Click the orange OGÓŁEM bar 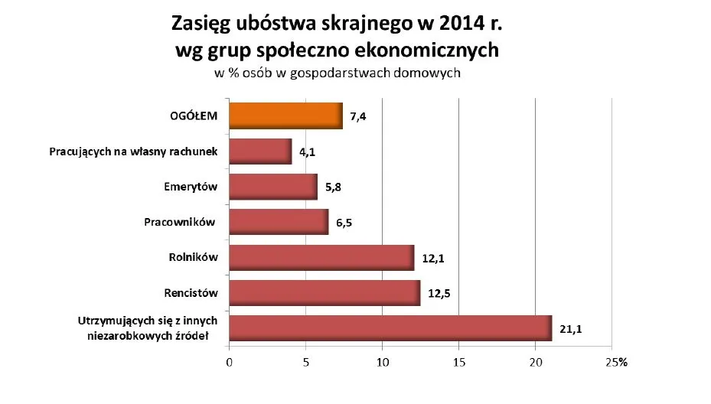pos(285,116)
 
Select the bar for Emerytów pos(272,187)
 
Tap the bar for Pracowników pos(279,222)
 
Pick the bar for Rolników pos(321,258)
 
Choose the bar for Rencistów pos(325,293)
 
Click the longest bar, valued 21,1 pos(390,328)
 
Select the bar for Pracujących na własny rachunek pos(260,151)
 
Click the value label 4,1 pos(308,152)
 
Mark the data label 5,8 pos(334,187)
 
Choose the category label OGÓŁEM pos(194,116)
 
